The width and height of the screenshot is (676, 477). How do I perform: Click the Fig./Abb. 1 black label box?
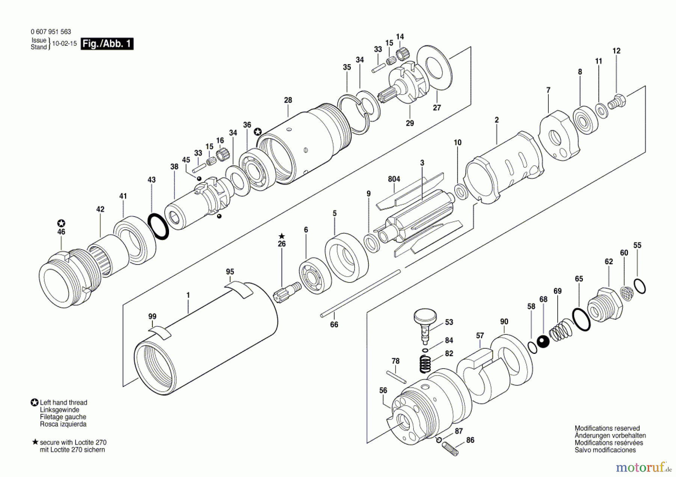pyautogui.click(x=107, y=44)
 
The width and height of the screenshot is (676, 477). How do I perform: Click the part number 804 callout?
pyautogui.click(x=394, y=179)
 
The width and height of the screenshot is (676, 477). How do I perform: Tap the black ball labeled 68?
pyautogui.click(x=543, y=341)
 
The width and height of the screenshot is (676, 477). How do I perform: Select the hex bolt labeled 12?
pyautogui.click(x=617, y=101)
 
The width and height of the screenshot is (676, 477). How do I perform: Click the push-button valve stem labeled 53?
pyautogui.click(x=425, y=323)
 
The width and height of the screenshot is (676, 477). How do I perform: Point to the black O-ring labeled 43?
pyautogui.click(x=158, y=226)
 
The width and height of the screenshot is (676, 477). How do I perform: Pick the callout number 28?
pyautogui.click(x=288, y=100)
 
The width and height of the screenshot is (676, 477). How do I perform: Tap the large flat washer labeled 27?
pyautogui.click(x=435, y=68)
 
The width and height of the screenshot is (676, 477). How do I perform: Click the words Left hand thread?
pyautogui.click(x=63, y=402)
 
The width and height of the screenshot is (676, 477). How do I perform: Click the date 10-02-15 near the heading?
pyautogui.click(x=64, y=44)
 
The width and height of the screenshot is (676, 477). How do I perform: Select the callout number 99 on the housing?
pyautogui.click(x=152, y=316)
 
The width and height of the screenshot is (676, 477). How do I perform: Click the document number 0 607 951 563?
pyautogui.click(x=51, y=32)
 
